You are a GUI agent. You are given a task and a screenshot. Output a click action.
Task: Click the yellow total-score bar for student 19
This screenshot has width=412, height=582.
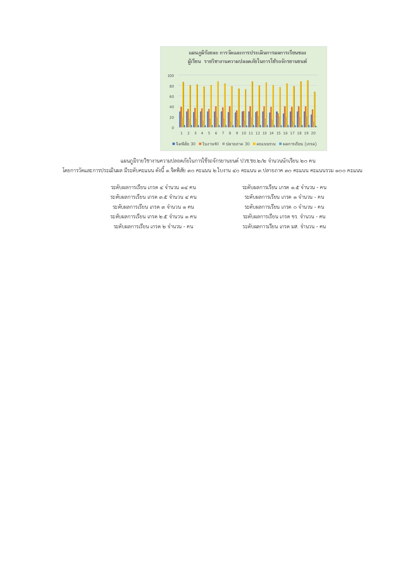(x=308, y=104)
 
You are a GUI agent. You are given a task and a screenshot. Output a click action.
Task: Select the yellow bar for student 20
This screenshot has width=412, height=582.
(x=315, y=109)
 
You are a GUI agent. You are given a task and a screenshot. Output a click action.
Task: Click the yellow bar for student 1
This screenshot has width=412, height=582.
(x=183, y=104)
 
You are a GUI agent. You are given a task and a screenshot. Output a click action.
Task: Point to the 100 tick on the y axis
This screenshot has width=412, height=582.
(x=171, y=76)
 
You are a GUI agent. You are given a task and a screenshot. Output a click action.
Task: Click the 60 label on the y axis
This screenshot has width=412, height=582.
(x=171, y=97)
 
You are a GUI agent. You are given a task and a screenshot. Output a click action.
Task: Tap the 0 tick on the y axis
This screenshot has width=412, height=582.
(x=173, y=128)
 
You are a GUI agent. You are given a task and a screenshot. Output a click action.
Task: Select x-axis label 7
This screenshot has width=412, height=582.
(x=223, y=133)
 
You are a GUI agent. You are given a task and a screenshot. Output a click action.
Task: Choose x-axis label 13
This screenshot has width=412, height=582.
(x=264, y=133)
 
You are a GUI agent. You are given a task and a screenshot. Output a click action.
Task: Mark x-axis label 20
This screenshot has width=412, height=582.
(x=313, y=133)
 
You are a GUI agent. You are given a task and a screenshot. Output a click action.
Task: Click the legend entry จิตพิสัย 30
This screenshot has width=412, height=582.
(x=184, y=144)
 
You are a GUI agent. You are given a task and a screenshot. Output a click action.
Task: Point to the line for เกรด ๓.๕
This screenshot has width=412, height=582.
(x=154, y=197)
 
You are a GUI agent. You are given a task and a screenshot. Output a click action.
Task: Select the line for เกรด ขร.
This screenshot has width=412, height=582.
(x=284, y=217)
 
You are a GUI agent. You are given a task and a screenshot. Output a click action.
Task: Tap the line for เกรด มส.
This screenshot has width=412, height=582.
(x=284, y=227)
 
